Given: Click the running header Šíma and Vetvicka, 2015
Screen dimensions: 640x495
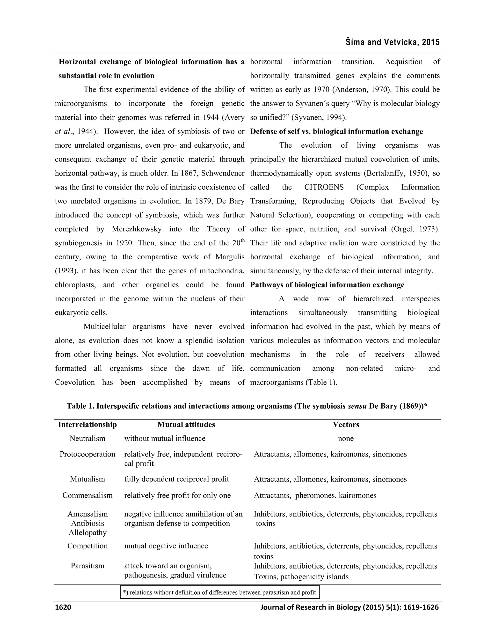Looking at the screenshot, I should (x=393, y=43).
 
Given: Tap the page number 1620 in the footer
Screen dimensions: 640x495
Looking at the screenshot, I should (x=63, y=607).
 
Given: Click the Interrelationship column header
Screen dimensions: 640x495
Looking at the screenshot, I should (x=87, y=425).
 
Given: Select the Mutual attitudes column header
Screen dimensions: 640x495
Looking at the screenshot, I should (x=186, y=425).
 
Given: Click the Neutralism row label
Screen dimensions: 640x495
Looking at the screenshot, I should (x=87, y=438).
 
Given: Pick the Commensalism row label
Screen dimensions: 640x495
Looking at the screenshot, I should (x=87, y=495).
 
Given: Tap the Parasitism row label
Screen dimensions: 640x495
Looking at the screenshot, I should (x=87, y=566).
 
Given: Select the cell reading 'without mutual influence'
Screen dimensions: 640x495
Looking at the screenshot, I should (x=165, y=438).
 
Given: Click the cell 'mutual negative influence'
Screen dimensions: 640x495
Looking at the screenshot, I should (x=166, y=546).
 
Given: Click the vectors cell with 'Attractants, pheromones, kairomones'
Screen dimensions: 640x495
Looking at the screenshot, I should (x=315, y=495).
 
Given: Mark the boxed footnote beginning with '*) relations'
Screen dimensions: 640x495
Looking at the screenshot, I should (x=220, y=592).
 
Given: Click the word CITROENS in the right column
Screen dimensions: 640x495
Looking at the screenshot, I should (x=324, y=187).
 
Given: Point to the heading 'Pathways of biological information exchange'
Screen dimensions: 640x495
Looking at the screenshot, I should (x=327, y=285).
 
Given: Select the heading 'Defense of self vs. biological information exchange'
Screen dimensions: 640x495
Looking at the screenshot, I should (x=336, y=132).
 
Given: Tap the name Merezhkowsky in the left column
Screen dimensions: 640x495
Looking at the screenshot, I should (x=137, y=229).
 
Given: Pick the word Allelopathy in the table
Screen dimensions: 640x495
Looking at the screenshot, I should (x=87, y=533).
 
